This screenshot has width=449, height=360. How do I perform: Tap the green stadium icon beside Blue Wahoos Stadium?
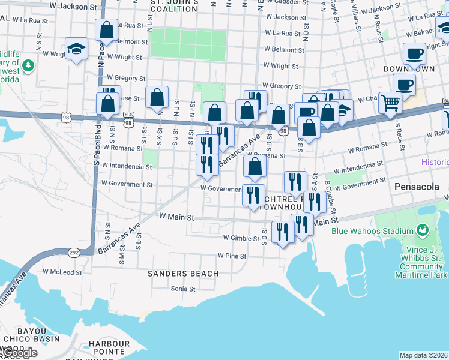422,230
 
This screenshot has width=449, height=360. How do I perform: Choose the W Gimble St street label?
240,238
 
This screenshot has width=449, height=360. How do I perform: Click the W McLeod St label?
62,272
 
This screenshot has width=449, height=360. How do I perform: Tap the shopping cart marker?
390,104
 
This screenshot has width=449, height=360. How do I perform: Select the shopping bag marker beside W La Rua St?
106,29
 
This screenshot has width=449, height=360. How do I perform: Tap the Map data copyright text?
424,355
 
